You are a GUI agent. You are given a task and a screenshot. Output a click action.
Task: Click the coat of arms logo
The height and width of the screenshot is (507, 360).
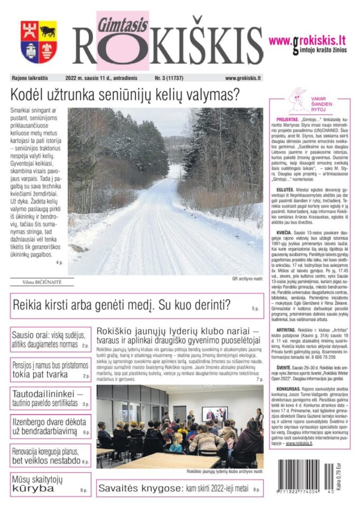tap(39, 42)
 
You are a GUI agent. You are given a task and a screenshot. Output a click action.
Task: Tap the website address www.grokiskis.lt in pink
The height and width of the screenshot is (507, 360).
tap(307, 40)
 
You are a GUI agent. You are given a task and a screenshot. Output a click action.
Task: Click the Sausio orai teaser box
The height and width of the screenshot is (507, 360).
tap(50, 340)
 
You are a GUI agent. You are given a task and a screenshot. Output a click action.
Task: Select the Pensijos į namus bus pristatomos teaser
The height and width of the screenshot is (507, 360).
tap(50, 370)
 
